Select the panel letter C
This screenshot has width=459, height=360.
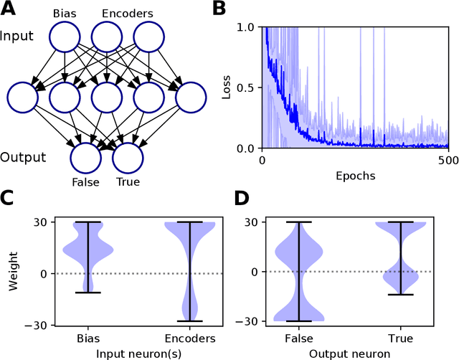point(9,199)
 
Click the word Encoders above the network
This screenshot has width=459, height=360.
point(127,14)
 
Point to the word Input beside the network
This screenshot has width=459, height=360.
point(16,35)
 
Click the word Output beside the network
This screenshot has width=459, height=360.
point(22,157)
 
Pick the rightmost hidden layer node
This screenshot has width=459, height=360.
point(190,99)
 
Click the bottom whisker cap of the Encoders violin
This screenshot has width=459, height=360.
point(190,321)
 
